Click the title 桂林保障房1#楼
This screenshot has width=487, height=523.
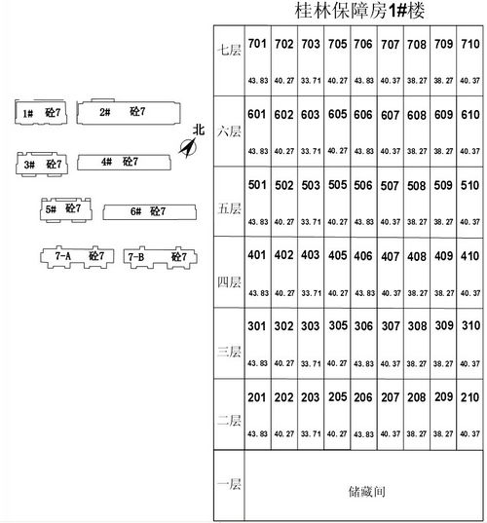pyautogui.click(x=359, y=10)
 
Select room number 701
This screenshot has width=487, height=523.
pyautogui.click(x=257, y=44)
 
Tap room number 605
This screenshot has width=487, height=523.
pyautogui.click(x=337, y=114)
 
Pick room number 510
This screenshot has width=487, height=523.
pyautogui.click(x=469, y=185)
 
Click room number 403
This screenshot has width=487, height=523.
pyautogui.click(x=311, y=255)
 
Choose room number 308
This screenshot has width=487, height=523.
pyautogui.click(x=417, y=326)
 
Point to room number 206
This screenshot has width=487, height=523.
pyautogui.click(x=363, y=397)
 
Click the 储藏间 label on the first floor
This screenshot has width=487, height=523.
pyautogui.click(x=366, y=492)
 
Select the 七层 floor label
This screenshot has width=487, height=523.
pyautogui.click(x=229, y=51)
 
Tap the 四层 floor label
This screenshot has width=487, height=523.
pyautogui.click(x=229, y=282)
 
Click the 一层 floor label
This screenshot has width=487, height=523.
pyautogui.click(x=229, y=484)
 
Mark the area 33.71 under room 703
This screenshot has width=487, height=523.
pyautogui.click(x=311, y=81)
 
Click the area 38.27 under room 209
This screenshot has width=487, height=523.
pyautogui.click(x=443, y=433)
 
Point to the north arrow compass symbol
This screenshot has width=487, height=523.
pyautogui.click(x=188, y=148)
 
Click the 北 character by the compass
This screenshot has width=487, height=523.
pyautogui.click(x=199, y=130)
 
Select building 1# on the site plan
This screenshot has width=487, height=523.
pyautogui.click(x=41, y=112)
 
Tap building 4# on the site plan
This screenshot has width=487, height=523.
pyautogui.click(x=124, y=162)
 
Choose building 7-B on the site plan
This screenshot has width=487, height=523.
pyautogui.click(x=160, y=257)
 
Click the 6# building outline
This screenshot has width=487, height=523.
pyautogui.click(x=149, y=212)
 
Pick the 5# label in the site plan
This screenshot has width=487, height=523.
pyautogui.click(x=51, y=209)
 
